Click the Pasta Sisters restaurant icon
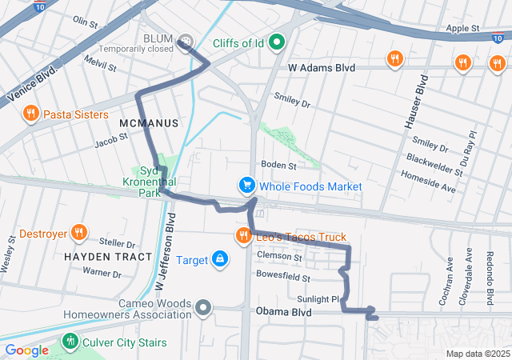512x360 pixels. pyautogui.click(x=31, y=114)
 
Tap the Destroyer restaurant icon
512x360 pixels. pyautogui.click(x=78, y=233)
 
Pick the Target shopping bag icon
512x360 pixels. pyautogui.click(x=219, y=259)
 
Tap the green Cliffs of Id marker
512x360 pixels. pyautogui.click(x=278, y=42)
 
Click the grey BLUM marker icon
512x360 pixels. pyautogui.click(x=186, y=40)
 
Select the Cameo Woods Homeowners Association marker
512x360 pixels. pyautogui.click(x=204, y=306)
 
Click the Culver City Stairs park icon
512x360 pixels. pyautogui.click(x=70, y=342)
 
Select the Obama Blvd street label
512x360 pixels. pyautogui.click(x=282, y=311)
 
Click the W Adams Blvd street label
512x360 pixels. pyautogui.click(x=321, y=69)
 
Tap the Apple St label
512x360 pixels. pyautogui.click(x=462, y=28)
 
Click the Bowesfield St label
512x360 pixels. pyautogui.click(x=282, y=277)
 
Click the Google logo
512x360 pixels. pyautogui.click(x=26, y=350)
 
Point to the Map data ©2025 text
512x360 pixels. pyautogui.click(x=477, y=354)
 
